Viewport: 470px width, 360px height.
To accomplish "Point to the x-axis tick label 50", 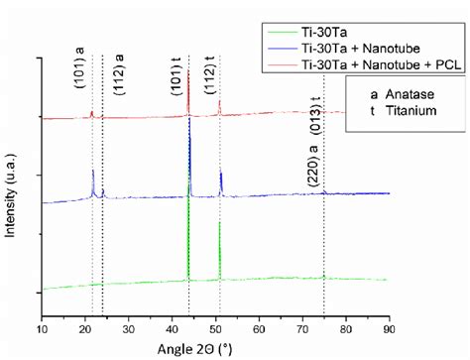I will (215, 326).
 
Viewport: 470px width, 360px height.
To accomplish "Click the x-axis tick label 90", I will (389, 326).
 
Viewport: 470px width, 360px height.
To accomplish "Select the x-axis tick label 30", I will (128, 326).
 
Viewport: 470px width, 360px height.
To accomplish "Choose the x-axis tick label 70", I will (301, 326).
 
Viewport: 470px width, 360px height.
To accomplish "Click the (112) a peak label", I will (119, 69).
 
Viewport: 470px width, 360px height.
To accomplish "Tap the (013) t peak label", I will (315, 116).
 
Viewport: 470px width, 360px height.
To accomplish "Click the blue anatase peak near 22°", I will (93, 182).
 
